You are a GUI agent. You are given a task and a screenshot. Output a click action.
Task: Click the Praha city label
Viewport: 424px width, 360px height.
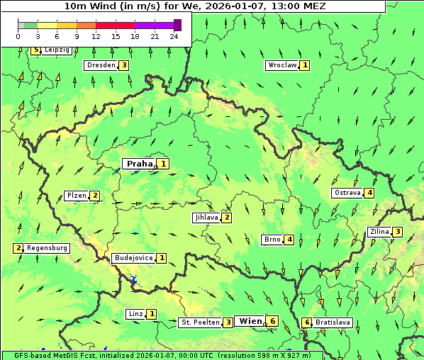point(139,164)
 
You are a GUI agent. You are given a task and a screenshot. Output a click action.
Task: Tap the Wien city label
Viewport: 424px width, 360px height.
point(250,321)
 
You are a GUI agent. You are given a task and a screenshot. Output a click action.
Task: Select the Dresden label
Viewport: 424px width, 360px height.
point(99,65)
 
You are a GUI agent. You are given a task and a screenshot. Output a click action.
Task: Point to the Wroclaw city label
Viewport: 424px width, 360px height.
point(281,65)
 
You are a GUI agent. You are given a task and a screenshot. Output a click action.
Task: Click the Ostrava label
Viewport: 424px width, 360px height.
point(347,193)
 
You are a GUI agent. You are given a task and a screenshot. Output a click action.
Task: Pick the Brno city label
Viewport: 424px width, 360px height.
point(272,240)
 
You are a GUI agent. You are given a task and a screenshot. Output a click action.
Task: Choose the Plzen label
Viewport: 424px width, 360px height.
point(76,196)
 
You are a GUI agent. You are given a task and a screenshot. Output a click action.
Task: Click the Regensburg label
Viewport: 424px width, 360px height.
point(48,248)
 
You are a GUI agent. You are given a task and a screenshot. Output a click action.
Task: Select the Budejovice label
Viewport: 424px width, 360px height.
point(133,258)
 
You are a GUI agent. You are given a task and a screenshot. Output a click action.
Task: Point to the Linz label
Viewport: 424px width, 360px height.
point(135,314)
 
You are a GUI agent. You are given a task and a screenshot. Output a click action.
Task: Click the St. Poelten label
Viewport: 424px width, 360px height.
point(199,322)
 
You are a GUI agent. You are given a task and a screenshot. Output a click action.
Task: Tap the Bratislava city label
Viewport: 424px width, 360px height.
point(333,322)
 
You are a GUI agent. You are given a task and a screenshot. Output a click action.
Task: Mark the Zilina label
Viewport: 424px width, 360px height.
point(379,232)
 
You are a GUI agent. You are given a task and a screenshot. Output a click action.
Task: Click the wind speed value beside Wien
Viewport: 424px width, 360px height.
point(272,321)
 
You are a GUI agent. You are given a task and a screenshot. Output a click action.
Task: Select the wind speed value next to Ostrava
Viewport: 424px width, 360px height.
point(369,193)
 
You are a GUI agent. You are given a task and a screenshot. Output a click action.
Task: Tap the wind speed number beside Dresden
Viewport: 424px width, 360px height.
point(123,65)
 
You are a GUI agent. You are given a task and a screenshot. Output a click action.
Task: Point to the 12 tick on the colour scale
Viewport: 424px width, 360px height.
point(96,35)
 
